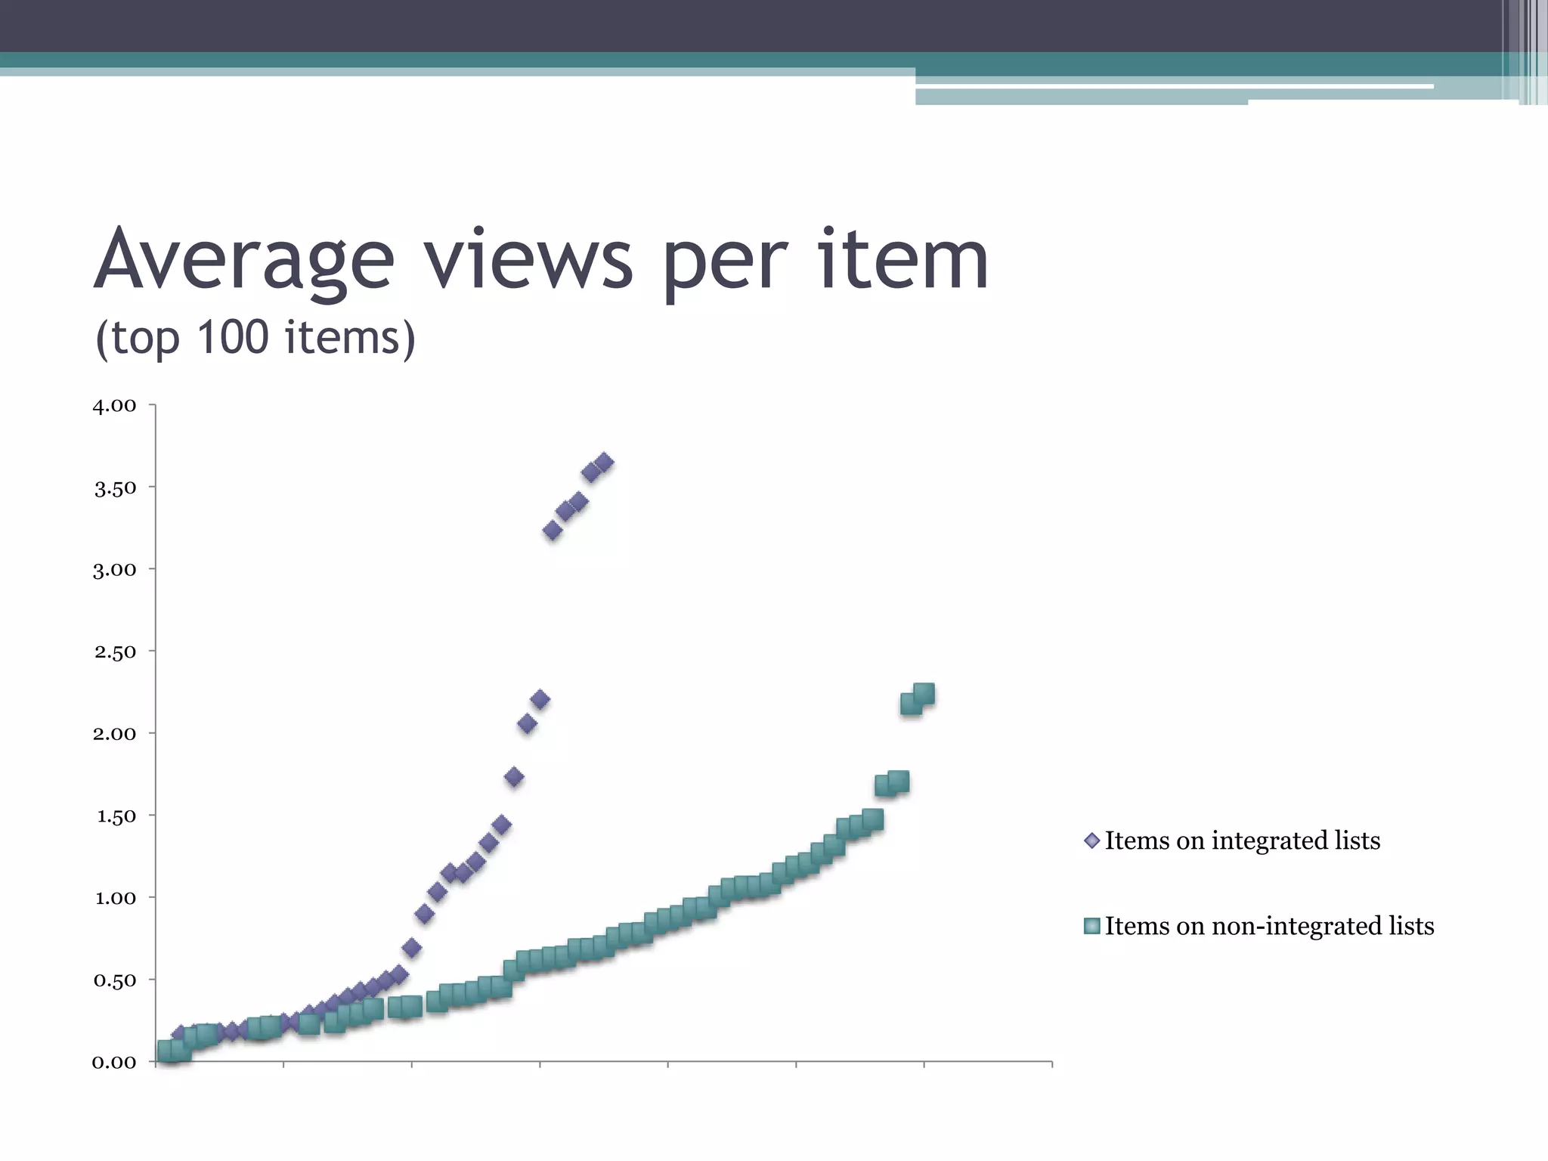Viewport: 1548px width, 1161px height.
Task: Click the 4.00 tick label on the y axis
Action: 114,406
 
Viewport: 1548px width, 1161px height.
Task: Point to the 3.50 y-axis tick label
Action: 115,488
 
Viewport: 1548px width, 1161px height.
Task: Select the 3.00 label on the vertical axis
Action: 114,570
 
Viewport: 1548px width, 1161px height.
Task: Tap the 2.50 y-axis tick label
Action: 115,652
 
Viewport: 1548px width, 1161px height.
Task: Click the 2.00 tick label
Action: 114,734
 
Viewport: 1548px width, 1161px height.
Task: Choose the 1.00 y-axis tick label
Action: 115,899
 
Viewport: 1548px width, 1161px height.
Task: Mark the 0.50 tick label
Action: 114,980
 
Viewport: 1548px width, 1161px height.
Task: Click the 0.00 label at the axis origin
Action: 114,1063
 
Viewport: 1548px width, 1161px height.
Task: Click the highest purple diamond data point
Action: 604,463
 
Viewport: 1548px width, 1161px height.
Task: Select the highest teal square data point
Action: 924,694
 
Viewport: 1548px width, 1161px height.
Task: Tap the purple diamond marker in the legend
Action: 1091,841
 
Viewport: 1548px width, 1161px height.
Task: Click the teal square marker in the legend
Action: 1091,926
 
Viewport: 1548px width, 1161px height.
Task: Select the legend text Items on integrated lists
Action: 1242,841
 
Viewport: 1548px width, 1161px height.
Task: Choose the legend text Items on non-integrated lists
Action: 1269,926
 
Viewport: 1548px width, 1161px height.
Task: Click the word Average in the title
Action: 243,261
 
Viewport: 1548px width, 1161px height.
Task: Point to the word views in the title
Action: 528,261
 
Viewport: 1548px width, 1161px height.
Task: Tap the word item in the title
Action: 902,261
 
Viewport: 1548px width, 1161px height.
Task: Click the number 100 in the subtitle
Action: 232,337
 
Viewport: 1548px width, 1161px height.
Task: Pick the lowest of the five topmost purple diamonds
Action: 553,531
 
